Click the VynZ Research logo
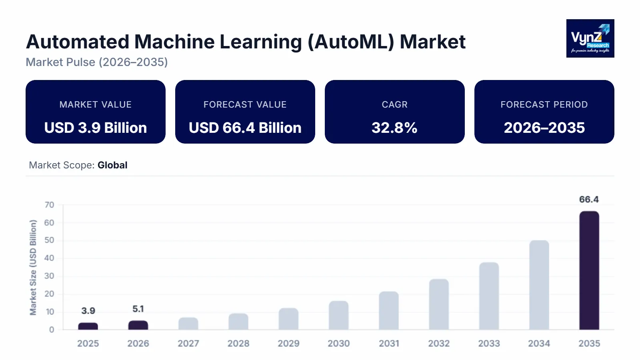point(590,38)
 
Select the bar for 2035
point(589,270)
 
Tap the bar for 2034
point(539,285)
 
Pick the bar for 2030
point(339,315)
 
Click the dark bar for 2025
point(88,326)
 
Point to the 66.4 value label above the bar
point(589,199)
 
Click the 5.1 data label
point(138,309)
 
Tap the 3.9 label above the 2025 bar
point(88,311)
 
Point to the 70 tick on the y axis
point(49,205)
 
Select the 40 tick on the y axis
point(49,258)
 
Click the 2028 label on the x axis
point(238,343)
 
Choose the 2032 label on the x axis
point(439,343)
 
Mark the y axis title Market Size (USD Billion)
point(33,267)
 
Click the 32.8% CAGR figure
point(394,128)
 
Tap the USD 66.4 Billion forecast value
point(245,128)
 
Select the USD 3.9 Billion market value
point(96,128)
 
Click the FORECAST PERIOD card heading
point(544,104)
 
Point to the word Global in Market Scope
point(112,165)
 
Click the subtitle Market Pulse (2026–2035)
point(97,62)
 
